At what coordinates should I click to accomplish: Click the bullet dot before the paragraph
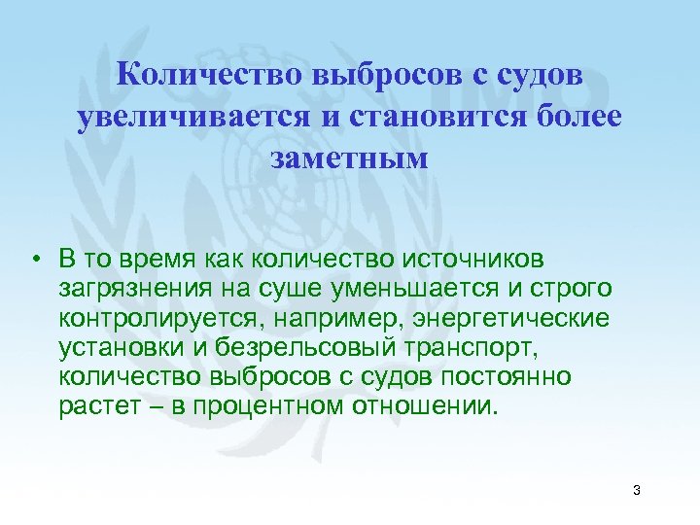tap(34, 259)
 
